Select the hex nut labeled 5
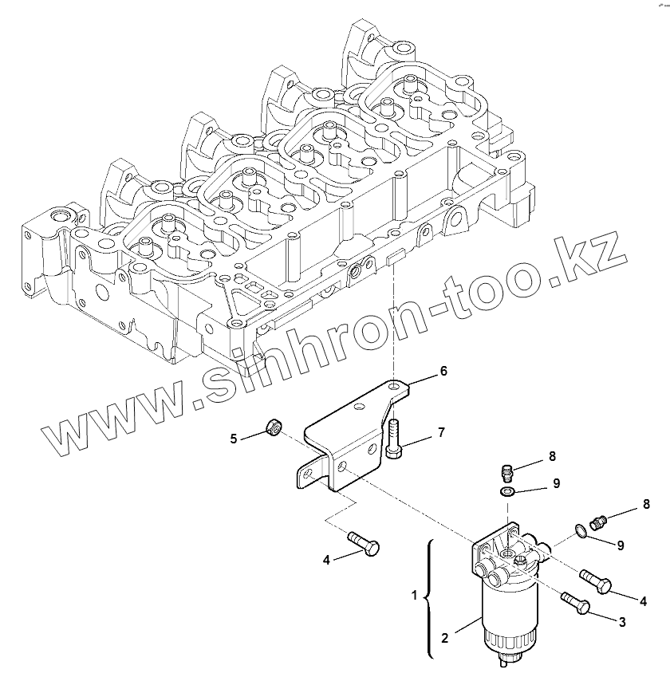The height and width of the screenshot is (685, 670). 272,430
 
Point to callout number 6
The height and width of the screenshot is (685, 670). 443,371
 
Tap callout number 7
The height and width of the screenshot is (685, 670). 439,432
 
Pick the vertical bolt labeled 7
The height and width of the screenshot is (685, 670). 395,437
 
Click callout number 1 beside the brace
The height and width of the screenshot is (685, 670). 413,594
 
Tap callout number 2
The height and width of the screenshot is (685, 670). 446,638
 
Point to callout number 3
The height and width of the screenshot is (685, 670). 621,621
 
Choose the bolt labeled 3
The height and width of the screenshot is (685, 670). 576,603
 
